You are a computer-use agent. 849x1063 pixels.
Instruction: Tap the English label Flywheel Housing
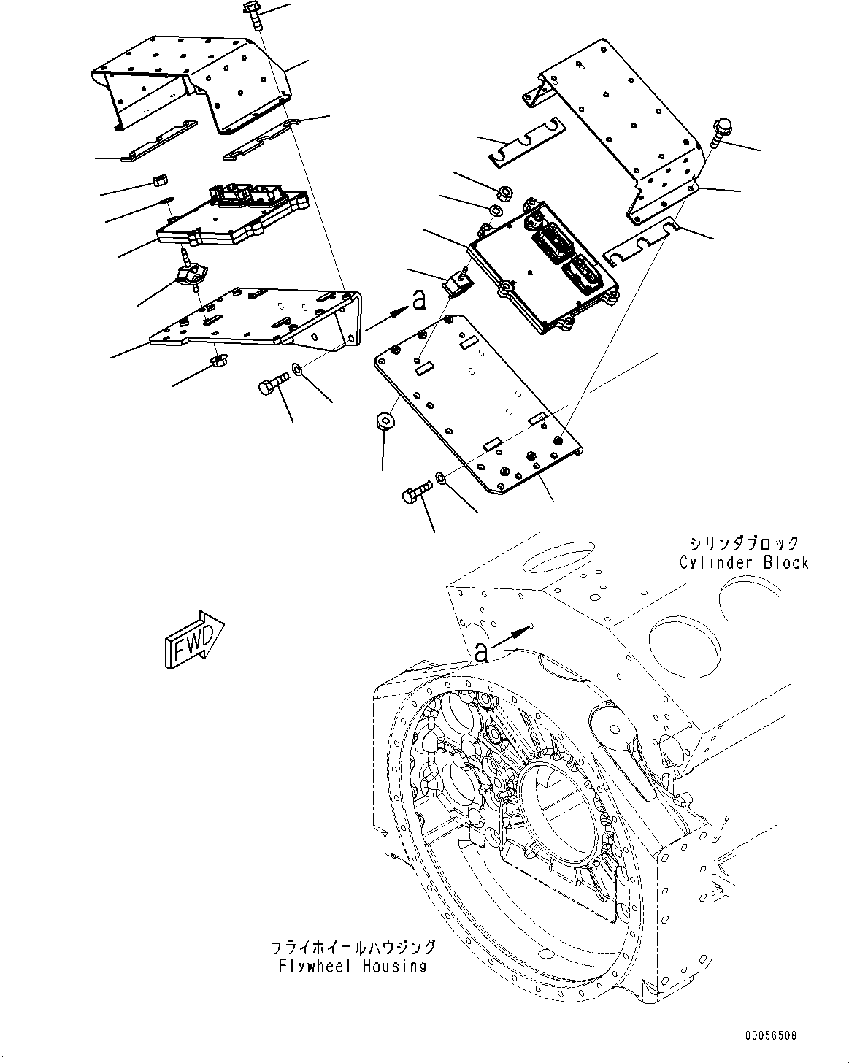[x=352, y=966]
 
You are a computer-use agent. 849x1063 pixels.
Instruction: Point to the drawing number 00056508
[x=771, y=1035]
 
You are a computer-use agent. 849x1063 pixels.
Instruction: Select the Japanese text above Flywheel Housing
[x=353, y=948]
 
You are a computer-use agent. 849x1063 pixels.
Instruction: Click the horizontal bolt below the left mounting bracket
[x=273, y=385]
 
